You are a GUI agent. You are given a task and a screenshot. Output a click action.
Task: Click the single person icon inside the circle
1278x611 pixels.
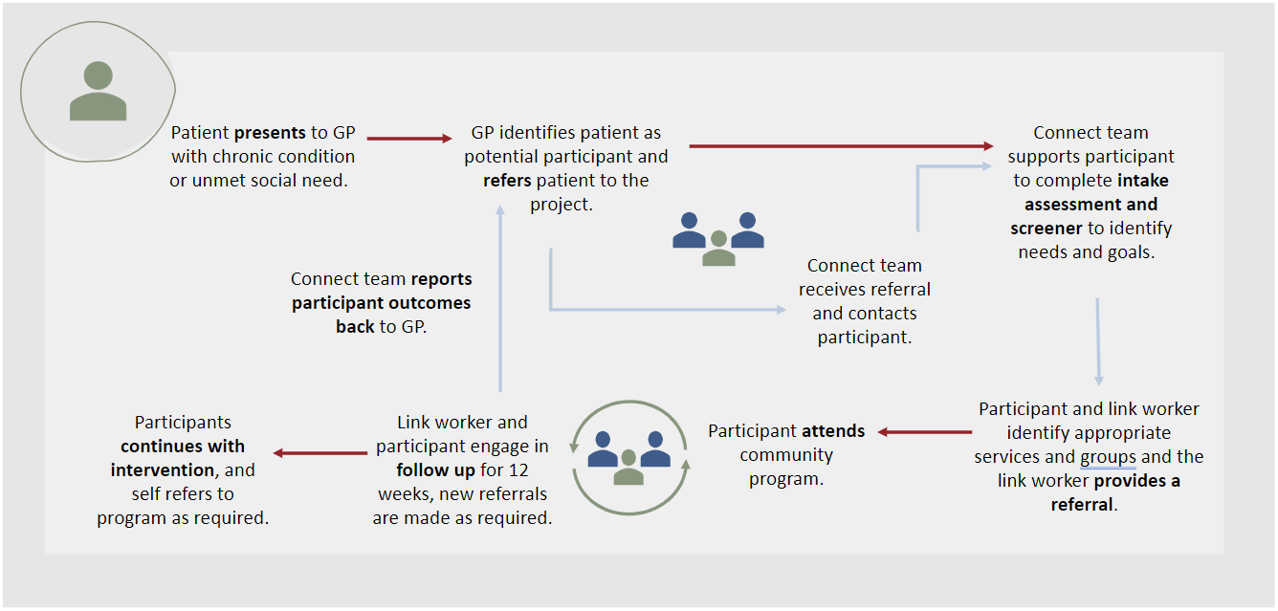tap(98, 91)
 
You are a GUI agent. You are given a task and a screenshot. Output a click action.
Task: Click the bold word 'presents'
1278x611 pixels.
tap(270, 133)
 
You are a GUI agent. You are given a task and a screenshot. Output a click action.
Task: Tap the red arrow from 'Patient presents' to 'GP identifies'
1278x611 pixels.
tap(409, 138)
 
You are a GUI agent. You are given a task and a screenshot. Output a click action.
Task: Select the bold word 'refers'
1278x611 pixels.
tap(507, 181)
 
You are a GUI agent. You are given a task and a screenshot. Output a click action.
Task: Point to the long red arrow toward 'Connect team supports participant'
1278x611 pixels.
tap(842, 146)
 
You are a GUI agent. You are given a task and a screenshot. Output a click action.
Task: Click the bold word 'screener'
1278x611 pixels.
tap(1046, 229)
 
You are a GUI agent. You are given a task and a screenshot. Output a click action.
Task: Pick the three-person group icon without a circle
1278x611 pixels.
tap(718, 238)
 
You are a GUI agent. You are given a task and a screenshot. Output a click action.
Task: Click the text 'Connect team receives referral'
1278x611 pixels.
tap(865, 277)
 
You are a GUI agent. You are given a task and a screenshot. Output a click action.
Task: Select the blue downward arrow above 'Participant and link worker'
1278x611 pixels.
tap(1098, 341)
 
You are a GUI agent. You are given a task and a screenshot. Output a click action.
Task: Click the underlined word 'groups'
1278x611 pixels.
tap(1108, 457)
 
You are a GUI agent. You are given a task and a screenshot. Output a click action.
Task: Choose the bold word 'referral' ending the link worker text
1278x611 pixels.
tap(1082, 505)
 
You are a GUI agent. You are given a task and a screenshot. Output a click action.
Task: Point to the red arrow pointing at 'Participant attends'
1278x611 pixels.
tap(925, 432)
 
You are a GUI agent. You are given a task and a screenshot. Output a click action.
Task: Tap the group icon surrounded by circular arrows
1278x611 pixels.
tap(629, 458)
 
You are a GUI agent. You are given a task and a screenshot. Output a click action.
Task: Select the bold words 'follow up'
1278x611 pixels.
tap(435, 470)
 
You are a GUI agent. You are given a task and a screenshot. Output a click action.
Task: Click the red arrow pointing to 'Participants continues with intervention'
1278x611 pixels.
tap(320, 453)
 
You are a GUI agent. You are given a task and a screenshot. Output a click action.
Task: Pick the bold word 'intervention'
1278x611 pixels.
tap(163, 470)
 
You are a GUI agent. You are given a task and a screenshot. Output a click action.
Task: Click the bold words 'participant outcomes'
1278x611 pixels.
tap(381, 303)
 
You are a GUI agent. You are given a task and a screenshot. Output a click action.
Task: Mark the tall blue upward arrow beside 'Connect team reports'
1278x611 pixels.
tap(500, 298)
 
